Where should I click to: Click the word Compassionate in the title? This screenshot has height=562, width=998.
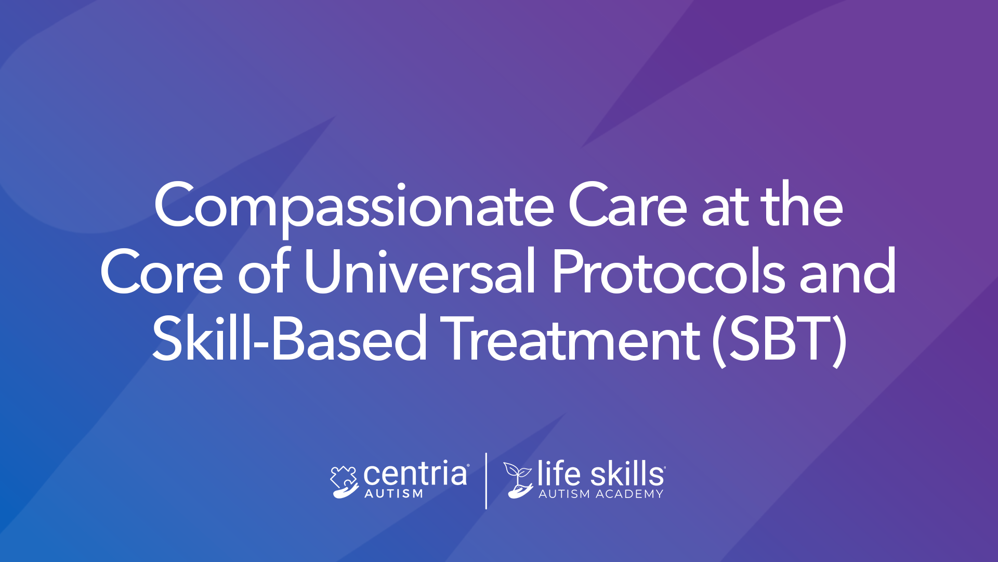click(353, 207)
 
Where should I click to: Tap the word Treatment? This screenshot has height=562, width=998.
click(572, 338)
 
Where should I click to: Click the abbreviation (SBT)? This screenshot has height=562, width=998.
click(779, 340)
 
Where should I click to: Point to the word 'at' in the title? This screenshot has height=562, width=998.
click(725, 208)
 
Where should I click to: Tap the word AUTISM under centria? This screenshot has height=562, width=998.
click(393, 494)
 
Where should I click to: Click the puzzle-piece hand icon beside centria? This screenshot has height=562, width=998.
click(344, 482)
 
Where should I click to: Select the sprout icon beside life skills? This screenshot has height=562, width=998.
click(518, 480)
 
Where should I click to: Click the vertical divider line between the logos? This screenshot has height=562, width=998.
click(486, 481)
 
